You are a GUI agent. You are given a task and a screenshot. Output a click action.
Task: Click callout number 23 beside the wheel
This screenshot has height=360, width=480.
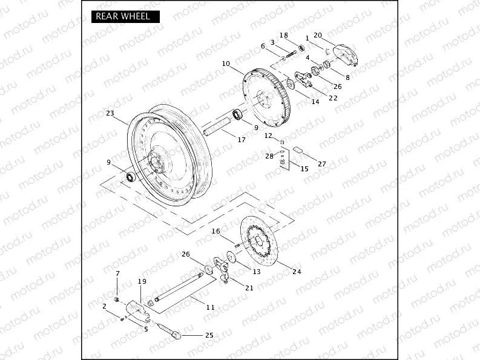tap(110, 113)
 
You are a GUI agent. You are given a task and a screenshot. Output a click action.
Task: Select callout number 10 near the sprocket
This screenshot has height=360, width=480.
tap(226, 64)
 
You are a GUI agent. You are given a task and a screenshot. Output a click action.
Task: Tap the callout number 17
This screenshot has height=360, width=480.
tap(241, 140)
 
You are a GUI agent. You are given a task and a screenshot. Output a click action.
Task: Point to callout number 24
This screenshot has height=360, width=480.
tap(297, 272)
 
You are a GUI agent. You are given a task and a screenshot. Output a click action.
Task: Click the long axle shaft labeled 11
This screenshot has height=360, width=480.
tap(179, 288)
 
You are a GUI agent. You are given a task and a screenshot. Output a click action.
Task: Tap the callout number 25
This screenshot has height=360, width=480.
tap(209, 335)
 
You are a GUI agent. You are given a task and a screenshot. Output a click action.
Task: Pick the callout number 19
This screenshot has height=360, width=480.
tap(142, 281)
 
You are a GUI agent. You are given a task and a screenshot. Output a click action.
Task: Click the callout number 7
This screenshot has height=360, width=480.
tap(118, 274)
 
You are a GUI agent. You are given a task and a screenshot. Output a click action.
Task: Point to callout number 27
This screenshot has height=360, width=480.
tap(322, 164)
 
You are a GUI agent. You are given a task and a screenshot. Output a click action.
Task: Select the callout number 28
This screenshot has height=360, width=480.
tap(269, 156)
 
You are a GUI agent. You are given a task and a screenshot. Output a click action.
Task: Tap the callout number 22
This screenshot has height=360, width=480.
tap(333, 98)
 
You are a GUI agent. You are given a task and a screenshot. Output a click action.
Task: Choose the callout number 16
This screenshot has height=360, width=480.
tap(215, 231)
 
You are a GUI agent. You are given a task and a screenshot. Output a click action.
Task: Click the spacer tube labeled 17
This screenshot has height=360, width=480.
tap(217, 129)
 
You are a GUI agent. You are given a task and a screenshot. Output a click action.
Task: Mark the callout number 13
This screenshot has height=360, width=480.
tap(257, 272)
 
